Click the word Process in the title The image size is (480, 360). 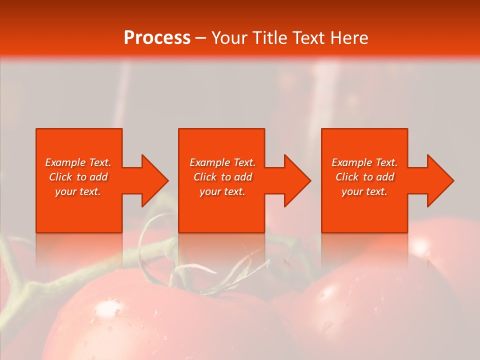[x=157, y=37]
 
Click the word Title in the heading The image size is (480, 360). [x=270, y=37]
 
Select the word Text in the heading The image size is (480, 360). [x=309, y=37]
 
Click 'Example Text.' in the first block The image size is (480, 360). [x=78, y=162]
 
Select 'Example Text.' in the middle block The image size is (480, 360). [x=222, y=162]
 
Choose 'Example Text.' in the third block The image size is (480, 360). [x=364, y=162]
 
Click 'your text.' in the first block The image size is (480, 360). [x=78, y=191]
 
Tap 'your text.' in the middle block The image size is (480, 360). [x=222, y=191]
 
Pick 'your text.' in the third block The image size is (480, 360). [x=364, y=191]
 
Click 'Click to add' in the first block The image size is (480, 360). [x=78, y=177]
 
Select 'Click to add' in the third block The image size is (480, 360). [x=364, y=177]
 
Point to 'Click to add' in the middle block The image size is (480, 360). [x=222, y=177]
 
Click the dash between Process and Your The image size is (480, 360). [x=201, y=38]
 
